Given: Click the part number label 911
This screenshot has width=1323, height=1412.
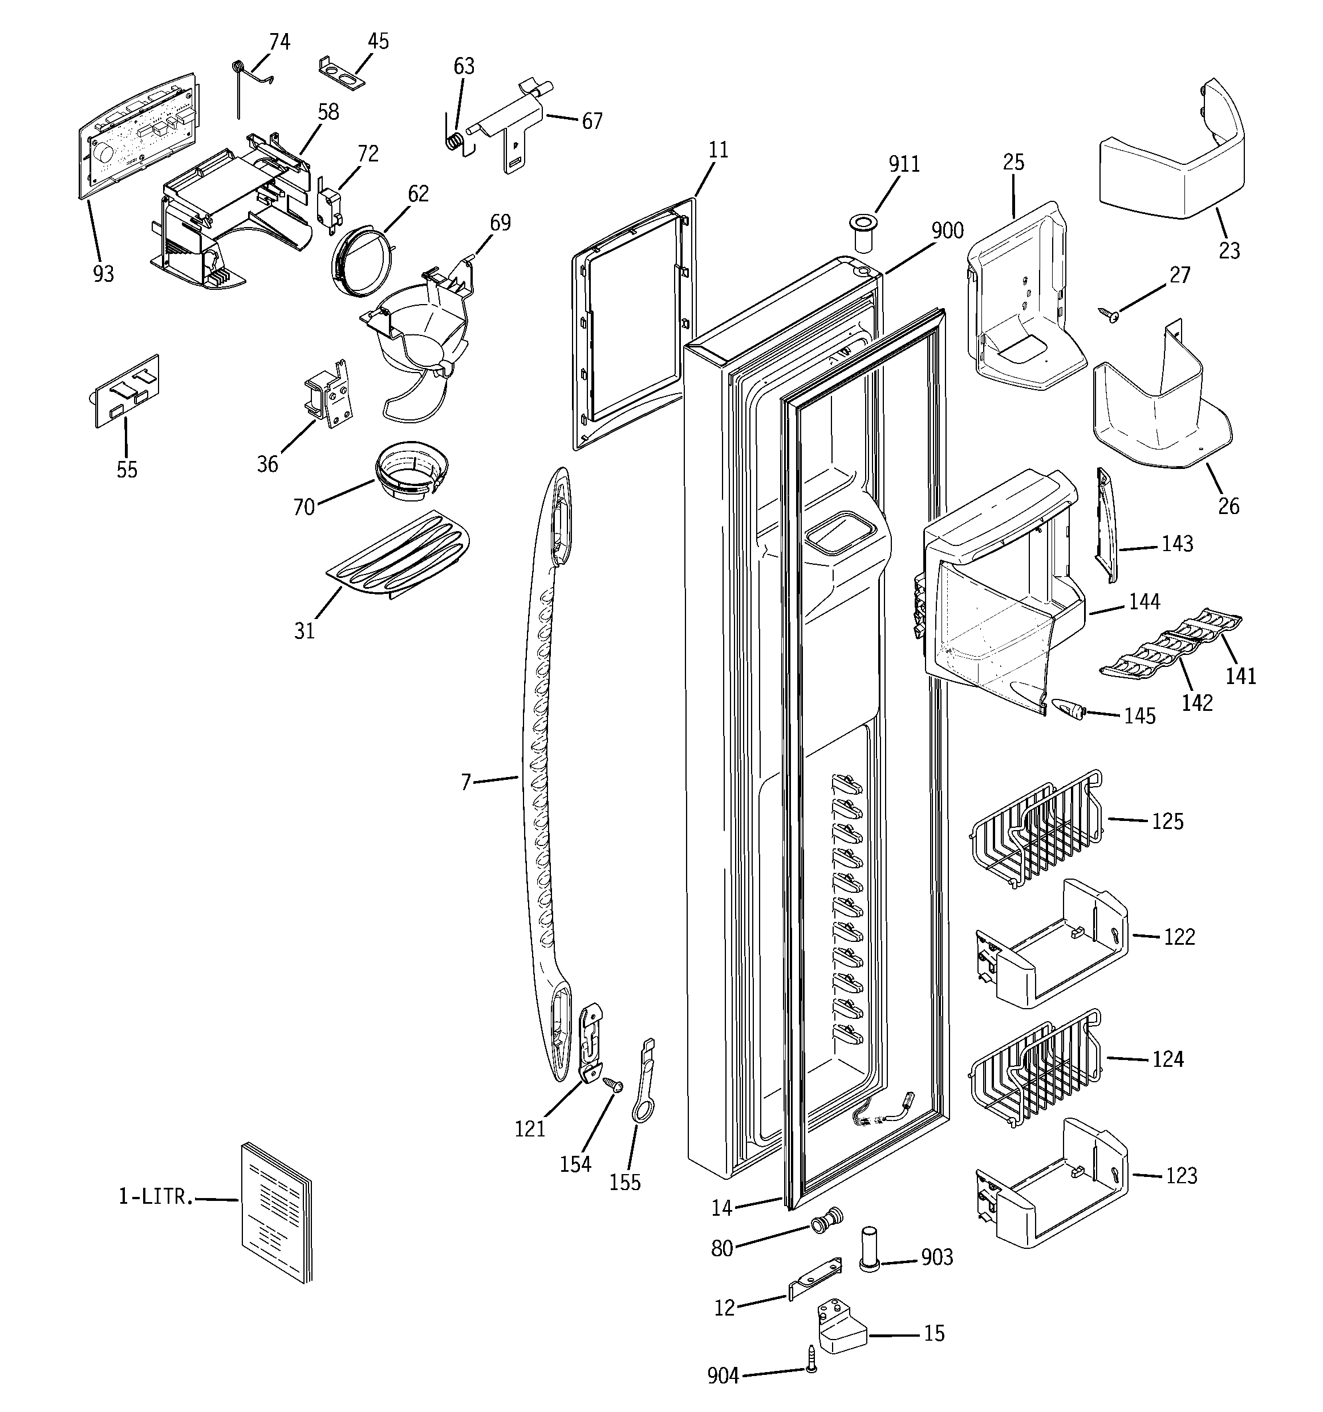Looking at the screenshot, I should point(904,164).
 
